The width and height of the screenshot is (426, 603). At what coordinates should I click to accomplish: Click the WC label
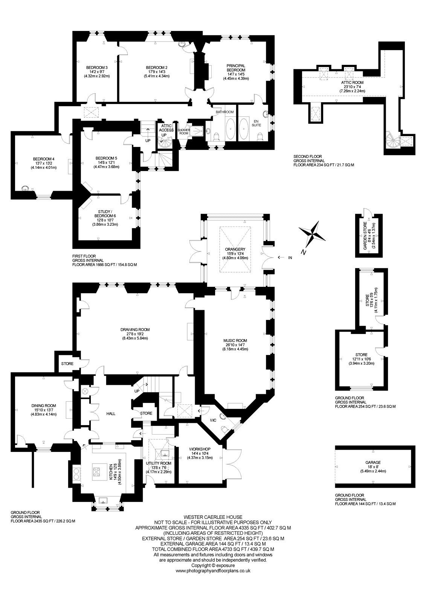(214, 420)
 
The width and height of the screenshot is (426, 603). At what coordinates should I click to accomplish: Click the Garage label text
(372, 462)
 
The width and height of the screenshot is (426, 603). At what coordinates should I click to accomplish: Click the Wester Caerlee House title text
(213, 517)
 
